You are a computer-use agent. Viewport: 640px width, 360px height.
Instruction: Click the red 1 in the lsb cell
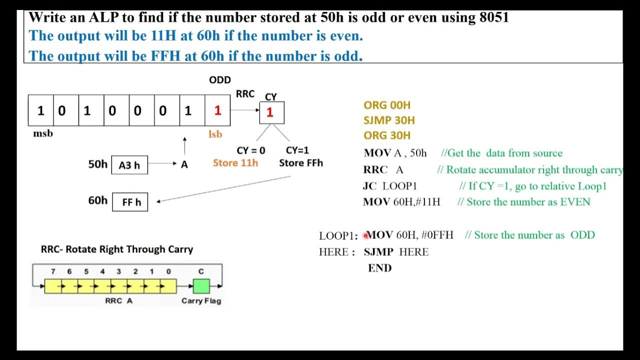[217, 111]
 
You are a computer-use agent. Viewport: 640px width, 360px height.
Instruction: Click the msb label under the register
[43, 133]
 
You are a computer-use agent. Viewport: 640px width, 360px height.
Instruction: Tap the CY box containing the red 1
[271, 112]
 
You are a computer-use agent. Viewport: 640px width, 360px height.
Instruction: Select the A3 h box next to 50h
[129, 165]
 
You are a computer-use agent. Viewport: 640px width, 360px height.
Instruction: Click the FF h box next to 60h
[130, 202]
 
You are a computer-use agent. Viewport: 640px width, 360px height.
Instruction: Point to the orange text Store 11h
[235, 163]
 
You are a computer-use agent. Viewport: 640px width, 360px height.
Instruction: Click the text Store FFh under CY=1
[301, 163]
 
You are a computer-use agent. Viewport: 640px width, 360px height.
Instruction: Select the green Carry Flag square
[201, 286]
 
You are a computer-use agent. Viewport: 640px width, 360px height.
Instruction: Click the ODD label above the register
[220, 80]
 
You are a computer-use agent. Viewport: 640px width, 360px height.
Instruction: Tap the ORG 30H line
[387, 135]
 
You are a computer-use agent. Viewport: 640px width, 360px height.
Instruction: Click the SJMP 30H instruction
[389, 120]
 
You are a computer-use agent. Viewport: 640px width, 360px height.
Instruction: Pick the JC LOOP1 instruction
[390, 186]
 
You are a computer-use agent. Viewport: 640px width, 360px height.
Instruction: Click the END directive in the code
[380, 268]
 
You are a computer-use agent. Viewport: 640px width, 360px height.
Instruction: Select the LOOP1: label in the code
[338, 236]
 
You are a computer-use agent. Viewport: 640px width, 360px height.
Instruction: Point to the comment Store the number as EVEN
[523, 202]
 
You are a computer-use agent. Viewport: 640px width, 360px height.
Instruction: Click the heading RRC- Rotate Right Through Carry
[116, 249]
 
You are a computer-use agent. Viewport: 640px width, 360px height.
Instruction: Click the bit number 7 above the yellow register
[53, 271]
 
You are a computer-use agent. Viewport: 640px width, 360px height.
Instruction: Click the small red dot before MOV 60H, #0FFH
[365, 235]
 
